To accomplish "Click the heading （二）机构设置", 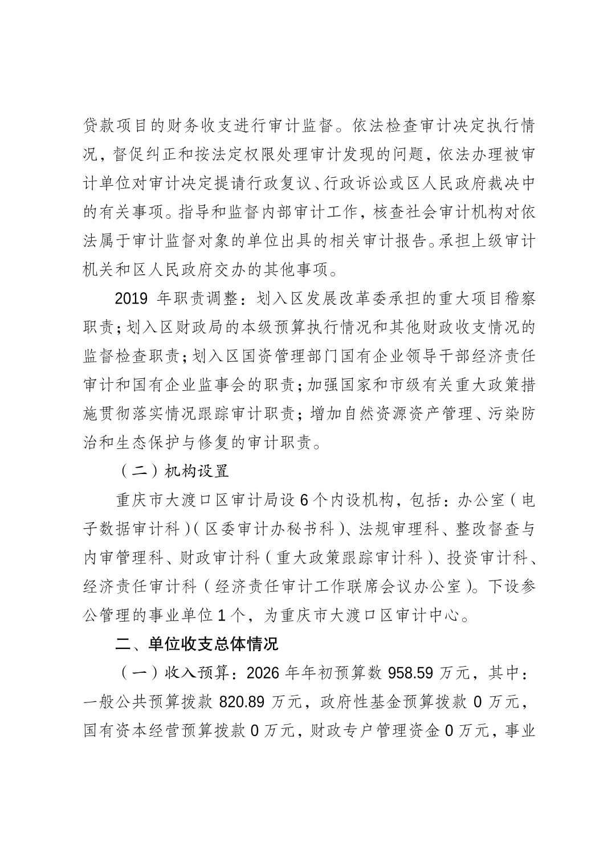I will tap(173, 471).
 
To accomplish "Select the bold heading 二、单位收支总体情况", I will tap(197, 644).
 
